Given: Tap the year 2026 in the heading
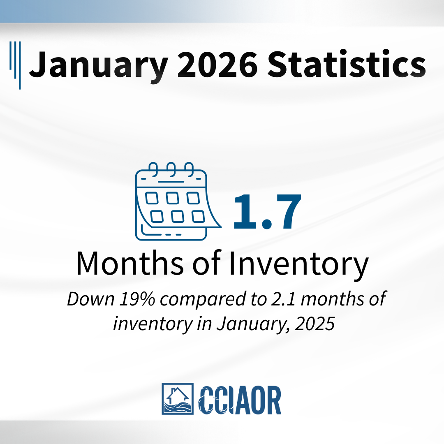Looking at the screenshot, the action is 217,64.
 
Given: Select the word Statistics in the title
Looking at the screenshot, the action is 347,63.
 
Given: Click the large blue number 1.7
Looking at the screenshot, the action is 267,211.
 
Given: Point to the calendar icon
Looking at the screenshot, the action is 178,201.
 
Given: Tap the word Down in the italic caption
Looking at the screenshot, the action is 91,299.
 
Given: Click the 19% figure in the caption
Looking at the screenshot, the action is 137,299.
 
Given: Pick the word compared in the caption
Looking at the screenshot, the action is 203,300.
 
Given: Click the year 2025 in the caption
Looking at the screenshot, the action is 315,324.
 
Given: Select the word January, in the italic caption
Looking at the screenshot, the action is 253,324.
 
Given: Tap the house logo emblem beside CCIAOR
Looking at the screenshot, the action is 178,399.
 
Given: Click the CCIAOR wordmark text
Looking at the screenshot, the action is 240,400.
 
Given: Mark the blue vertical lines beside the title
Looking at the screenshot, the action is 15,65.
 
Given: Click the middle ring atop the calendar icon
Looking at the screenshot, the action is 171,169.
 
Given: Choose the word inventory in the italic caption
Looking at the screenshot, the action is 153,324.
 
